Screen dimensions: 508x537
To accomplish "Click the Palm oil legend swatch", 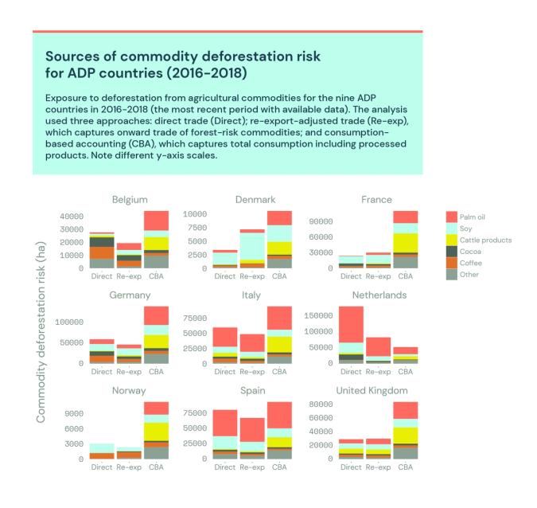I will [451, 217].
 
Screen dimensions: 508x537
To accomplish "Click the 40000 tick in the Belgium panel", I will [72, 216].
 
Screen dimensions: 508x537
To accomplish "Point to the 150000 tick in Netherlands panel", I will [315, 315].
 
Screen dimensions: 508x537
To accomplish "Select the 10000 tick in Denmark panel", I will [195, 215].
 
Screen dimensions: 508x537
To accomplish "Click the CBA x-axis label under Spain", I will [279, 467].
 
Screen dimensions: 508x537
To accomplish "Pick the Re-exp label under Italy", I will [251, 372].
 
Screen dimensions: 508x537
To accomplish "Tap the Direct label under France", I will [351, 276].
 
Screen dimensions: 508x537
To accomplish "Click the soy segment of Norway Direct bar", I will [102, 447].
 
